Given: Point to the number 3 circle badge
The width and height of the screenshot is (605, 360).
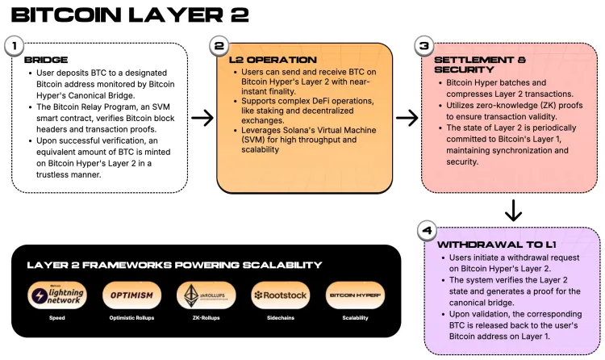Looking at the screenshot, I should tap(423, 46).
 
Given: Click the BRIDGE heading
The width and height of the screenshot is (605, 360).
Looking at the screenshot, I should tap(46, 60).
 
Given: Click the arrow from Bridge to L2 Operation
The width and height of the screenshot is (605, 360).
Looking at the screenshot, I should tap(202, 118).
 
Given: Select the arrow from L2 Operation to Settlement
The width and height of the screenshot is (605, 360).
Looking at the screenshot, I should tap(407, 118).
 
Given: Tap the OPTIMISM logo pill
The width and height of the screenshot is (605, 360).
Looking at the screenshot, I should tap(131, 295).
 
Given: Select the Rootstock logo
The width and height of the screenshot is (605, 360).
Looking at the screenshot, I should tap(280, 295).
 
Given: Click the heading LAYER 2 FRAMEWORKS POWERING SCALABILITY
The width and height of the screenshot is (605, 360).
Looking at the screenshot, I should tap(174, 265).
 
